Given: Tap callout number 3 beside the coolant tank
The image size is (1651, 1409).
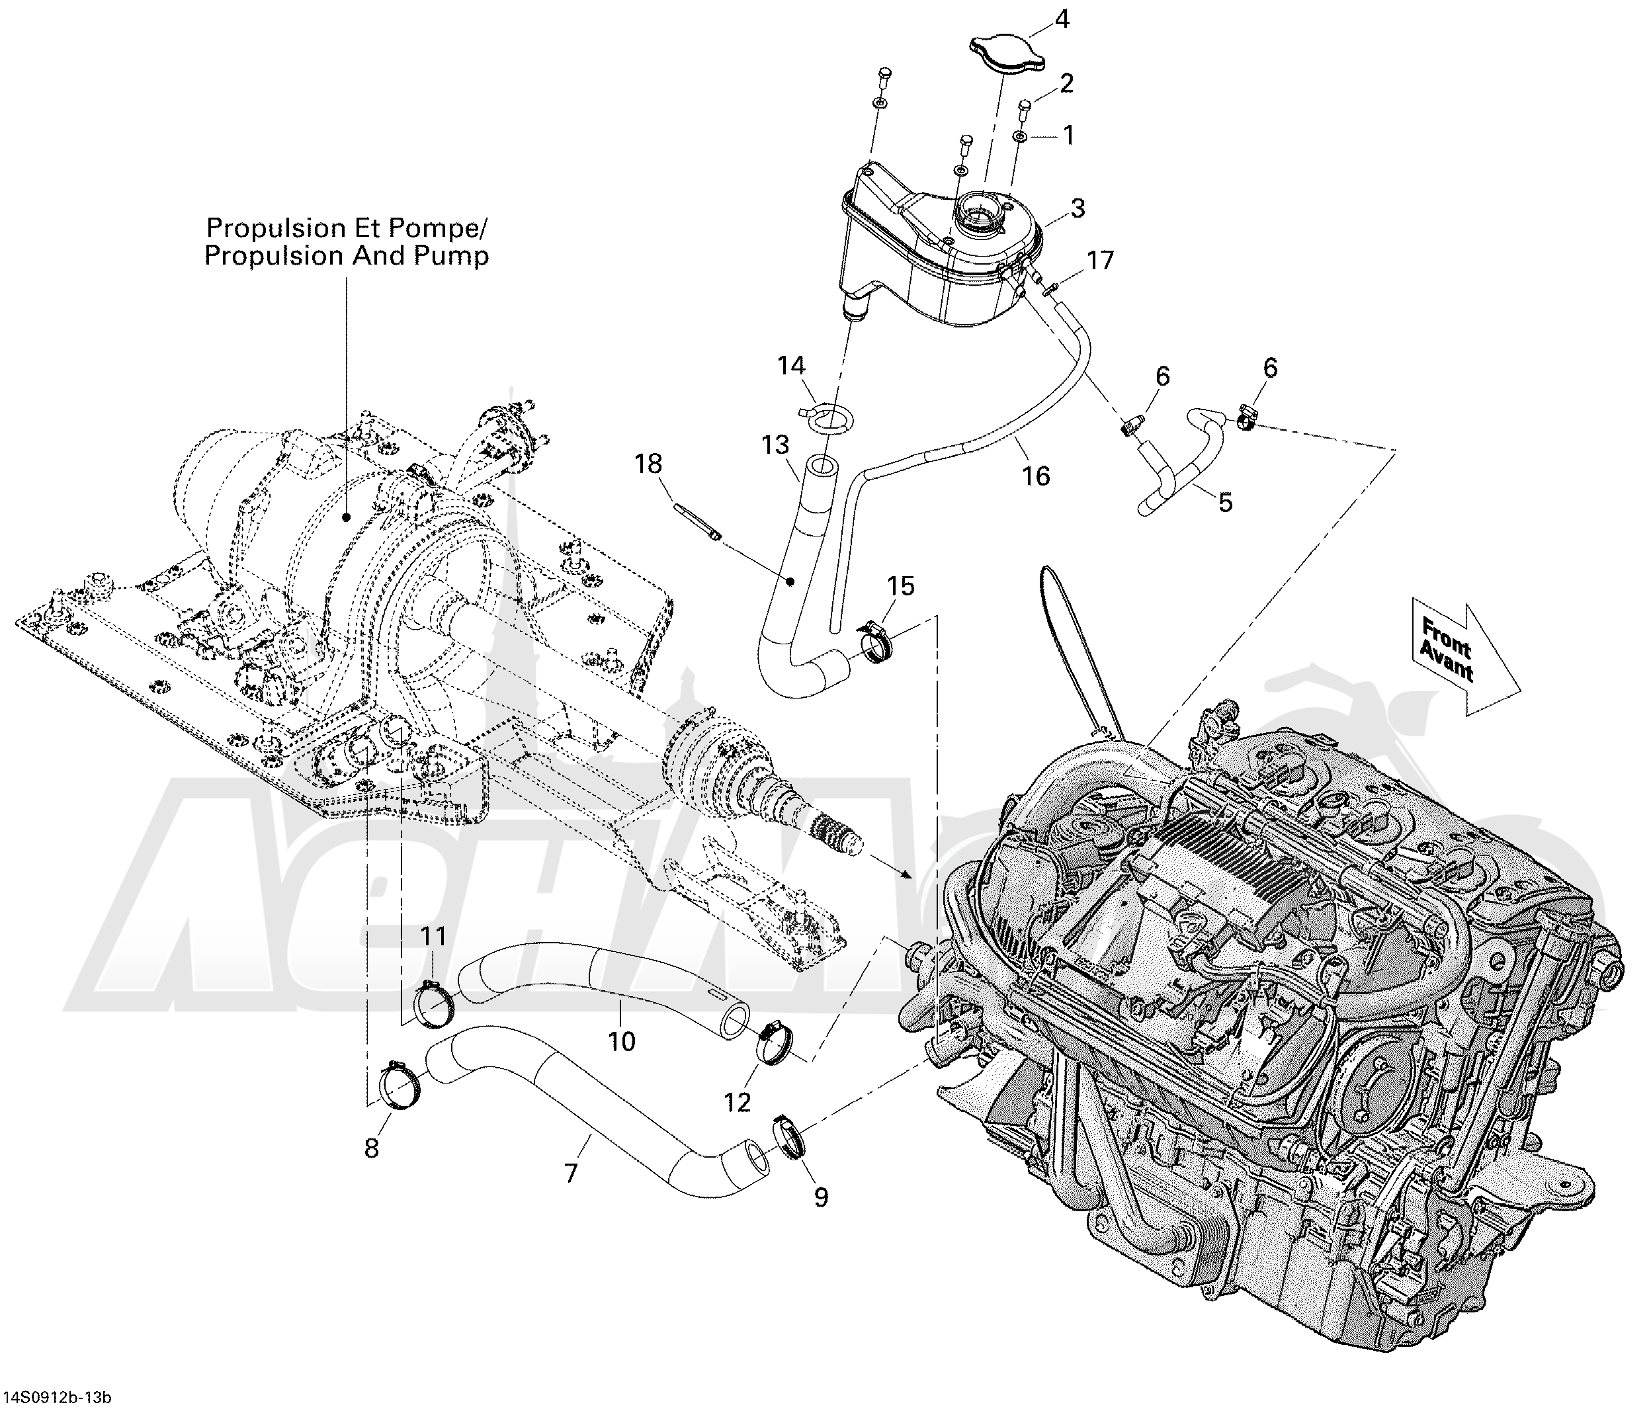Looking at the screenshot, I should pyautogui.click(x=1078, y=209).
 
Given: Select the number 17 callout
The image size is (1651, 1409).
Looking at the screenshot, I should pyautogui.click(x=1101, y=261).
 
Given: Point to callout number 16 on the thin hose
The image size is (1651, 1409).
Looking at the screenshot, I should pyautogui.click(x=1036, y=476).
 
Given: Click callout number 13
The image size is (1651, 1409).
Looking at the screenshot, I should pyautogui.click(x=775, y=445).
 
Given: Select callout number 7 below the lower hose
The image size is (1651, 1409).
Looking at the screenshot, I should pyautogui.click(x=571, y=1173).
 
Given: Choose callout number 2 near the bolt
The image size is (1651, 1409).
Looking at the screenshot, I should pyautogui.click(x=1067, y=83).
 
